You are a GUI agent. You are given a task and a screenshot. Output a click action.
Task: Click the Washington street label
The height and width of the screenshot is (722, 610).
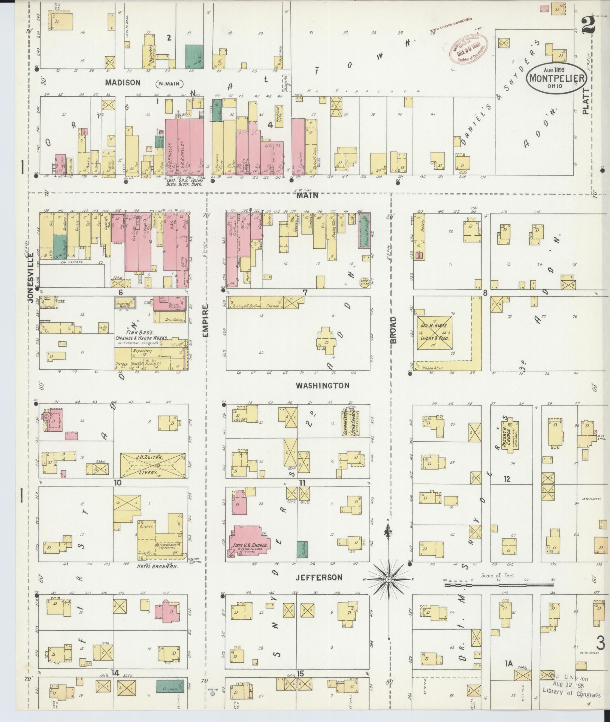tap(322, 385)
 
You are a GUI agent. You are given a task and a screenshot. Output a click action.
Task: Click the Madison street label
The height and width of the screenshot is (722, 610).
tap(123, 82)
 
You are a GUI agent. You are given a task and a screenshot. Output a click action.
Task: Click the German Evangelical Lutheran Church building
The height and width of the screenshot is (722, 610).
tap(349, 421)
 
